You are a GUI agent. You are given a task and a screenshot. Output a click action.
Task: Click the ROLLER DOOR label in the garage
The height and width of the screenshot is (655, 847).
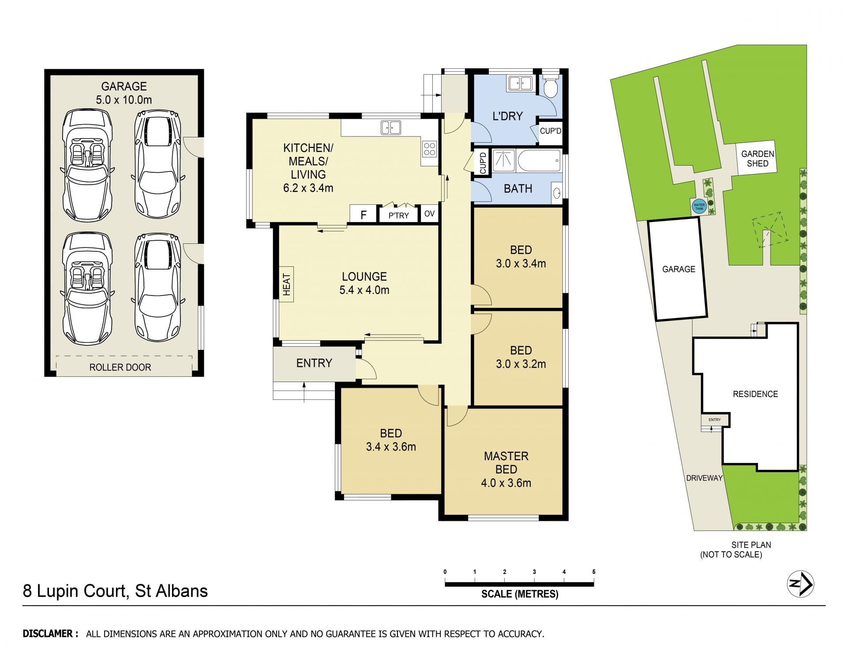120,367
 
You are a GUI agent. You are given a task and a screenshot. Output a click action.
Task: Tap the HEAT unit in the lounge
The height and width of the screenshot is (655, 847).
286,284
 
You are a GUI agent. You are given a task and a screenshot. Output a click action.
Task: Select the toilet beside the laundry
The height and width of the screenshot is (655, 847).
550,87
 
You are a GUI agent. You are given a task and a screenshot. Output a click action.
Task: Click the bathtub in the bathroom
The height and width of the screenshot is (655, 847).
539,161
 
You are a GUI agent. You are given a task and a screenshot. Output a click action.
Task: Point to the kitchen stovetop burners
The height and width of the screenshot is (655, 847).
429,149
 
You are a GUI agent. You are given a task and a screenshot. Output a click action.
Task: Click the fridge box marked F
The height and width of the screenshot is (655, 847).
364,215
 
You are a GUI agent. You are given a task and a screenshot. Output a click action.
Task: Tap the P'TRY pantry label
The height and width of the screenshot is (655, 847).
398,216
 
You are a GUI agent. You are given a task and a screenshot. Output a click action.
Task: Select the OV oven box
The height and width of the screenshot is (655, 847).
429,214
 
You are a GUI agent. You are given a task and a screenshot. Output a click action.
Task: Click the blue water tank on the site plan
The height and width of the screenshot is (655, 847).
699,206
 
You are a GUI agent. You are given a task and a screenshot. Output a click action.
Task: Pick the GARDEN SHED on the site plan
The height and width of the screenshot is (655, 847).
757,159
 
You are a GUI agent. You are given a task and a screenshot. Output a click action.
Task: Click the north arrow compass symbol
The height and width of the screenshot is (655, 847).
801,584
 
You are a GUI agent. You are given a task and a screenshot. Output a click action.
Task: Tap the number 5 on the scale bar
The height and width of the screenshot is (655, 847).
594,572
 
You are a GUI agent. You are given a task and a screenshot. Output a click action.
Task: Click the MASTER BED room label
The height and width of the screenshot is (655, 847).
506,462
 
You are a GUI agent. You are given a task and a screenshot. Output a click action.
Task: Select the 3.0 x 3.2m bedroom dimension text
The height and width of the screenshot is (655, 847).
521,364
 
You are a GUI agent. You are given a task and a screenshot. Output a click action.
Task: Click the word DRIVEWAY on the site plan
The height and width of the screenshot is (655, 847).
704,478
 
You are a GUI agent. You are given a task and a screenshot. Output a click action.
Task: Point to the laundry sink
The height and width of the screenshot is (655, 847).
519,83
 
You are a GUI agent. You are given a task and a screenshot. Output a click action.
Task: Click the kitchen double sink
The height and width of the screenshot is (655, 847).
391,127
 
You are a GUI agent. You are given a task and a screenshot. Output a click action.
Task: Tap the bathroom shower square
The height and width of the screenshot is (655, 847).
503,161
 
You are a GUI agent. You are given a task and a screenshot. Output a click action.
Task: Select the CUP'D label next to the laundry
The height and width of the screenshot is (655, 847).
551,131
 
